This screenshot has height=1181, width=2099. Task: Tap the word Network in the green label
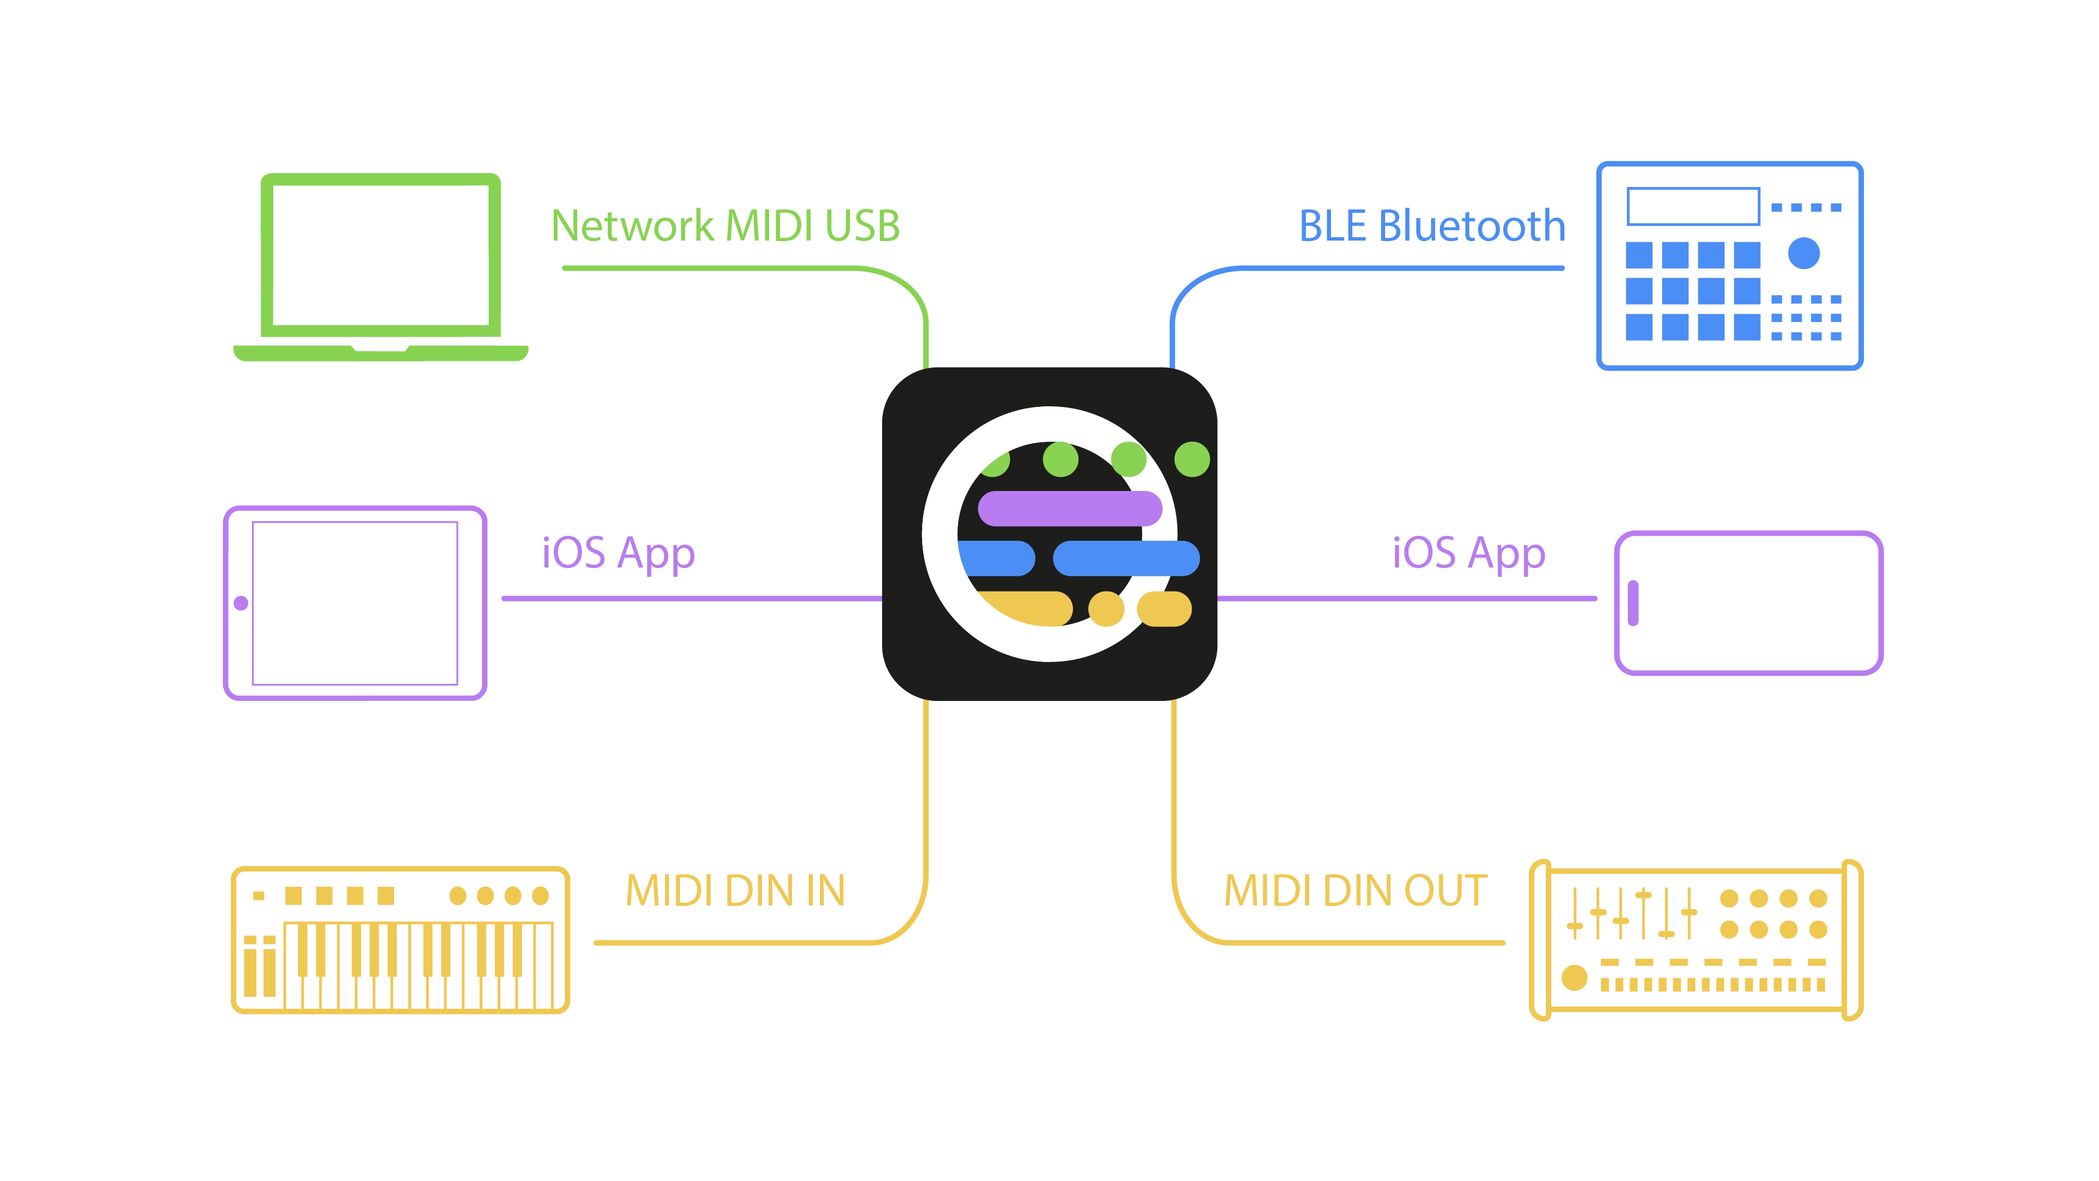(x=633, y=226)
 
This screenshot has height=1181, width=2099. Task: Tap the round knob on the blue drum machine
(x=1803, y=253)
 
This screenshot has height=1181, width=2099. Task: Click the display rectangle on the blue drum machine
(x=1693, y=206)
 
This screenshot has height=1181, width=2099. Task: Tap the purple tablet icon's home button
(x=241, y=603)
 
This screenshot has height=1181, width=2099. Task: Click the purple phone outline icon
(x=1749, y=603)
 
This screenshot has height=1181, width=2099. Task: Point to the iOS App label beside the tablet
(x=618, y=553)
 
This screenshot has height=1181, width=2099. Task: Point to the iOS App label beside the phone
(x=1468, y=553)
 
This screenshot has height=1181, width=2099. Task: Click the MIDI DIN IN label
(x=735, y=891)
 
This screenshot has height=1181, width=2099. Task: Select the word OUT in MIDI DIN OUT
(x=1445, y=891)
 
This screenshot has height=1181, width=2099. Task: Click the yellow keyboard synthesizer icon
(x=400, y=940)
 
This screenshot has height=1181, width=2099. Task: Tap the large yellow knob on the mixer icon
(x=1574, y=977)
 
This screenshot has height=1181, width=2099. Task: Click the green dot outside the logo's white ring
(x=1192, y=459)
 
